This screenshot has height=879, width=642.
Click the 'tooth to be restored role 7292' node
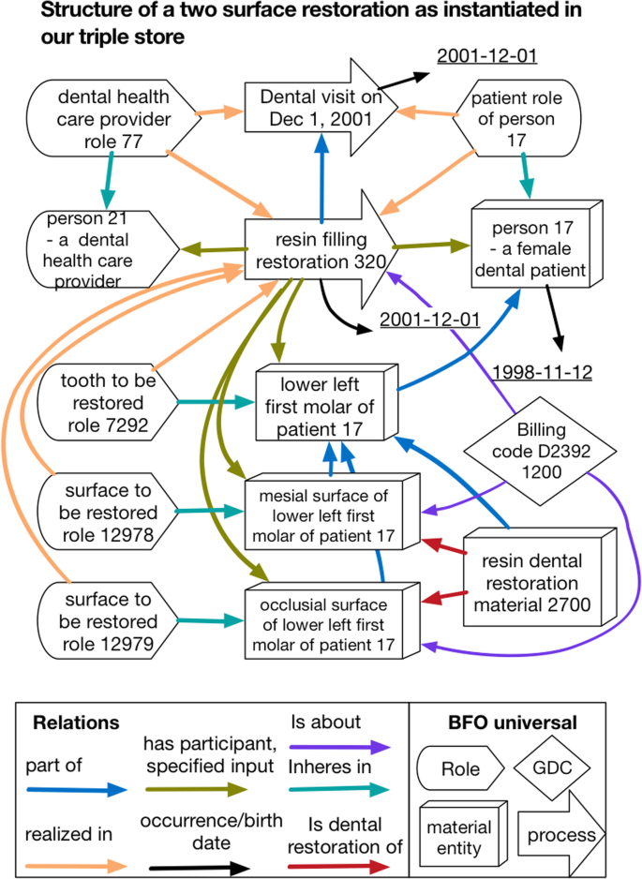103,403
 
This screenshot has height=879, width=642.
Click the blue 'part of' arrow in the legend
76,789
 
